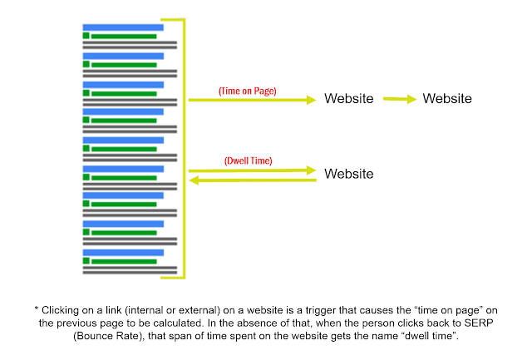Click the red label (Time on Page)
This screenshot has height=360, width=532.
tap(248, 91)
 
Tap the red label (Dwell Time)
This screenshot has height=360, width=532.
tap(248, 160)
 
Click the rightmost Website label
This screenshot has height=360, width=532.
tap(447, 98)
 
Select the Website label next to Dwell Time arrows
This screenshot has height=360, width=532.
tap(349, 174)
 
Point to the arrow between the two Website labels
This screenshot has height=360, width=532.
tap(400, 99)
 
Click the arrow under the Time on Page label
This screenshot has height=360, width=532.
tap(253, 100)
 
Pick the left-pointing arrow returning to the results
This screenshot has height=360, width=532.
tap(253, 180)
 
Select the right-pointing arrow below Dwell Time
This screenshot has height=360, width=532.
tap(253, 170)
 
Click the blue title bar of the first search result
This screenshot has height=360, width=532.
tap(123, 27)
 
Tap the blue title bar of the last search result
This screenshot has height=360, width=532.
tap(123, 253)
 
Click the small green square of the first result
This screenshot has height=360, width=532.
tap(86, 36)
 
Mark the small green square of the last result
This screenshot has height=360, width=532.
tap(86, 260)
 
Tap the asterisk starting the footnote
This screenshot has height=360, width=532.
tap(37, 308)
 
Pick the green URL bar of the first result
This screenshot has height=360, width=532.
tap(124, 37)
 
